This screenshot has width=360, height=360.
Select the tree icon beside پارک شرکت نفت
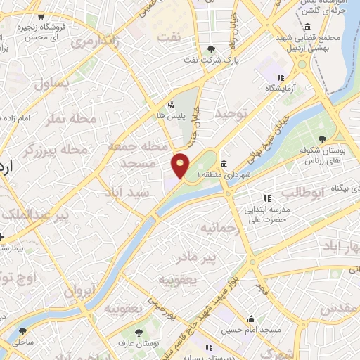click(x=212, y=49)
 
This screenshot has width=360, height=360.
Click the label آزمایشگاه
click(x=280, y=89)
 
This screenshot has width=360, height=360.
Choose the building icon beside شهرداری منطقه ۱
click(x=224, y=164)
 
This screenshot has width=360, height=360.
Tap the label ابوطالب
click(x=302, y=191)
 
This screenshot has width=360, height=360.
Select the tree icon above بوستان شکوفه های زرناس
click(x=322, y=139)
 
